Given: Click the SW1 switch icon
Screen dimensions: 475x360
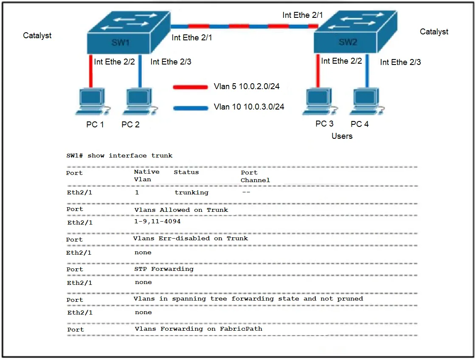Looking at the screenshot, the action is (x=129, y=33).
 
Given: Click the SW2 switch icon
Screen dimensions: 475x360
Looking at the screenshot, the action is (x=355, y=32).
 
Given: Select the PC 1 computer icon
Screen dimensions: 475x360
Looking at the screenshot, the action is (x=93, y=102).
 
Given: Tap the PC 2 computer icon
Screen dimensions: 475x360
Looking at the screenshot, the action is (x=140, y=102).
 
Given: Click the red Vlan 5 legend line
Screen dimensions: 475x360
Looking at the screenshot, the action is (x=190, y=87).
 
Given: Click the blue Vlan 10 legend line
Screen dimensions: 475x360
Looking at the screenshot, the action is (x=191, y=108).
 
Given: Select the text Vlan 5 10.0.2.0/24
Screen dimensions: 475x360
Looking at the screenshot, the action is (x=247, y=86).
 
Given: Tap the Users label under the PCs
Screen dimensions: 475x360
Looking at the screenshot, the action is (x=342, y=136).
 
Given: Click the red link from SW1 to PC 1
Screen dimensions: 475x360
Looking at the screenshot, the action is (x=90, y=71).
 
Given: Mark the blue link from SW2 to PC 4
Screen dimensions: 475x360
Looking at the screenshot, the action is (x=367, y=71).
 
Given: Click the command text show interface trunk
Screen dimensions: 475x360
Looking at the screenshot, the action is (x=130, y=155).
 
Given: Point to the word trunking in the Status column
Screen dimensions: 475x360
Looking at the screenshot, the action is (x=191, y=192).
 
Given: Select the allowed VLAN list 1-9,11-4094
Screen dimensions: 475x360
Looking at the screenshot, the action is (x=157, y=221).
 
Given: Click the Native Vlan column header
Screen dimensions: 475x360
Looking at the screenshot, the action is (x=146, y=175).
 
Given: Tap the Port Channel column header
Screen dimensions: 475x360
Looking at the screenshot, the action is (x=255, y=176).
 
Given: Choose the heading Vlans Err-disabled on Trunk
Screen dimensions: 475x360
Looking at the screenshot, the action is (x=191, y=239).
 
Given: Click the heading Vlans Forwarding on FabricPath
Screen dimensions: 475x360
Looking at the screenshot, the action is (x=198, y=329).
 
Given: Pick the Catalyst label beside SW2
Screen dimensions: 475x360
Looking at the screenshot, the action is (x=434, y=32).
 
